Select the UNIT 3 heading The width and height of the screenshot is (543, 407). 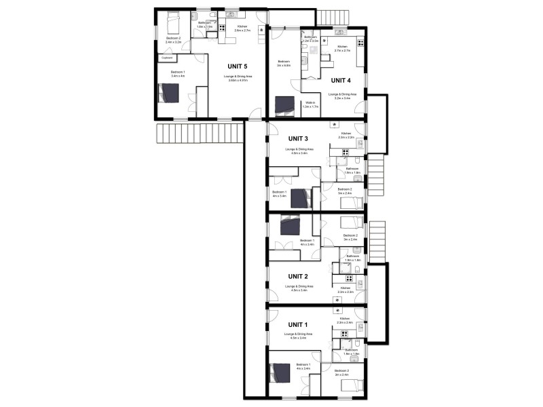coord(298,138)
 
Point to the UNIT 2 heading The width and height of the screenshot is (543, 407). coord(298,276)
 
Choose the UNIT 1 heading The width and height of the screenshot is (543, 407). coord(298,324)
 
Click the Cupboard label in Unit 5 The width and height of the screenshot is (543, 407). coord(166,58)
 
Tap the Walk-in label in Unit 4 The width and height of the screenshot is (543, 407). coord(310,103)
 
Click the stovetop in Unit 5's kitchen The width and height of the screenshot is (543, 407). coord(222,28)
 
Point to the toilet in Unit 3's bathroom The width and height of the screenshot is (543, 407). coord(360,161)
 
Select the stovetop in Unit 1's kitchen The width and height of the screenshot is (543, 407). coord(344,334)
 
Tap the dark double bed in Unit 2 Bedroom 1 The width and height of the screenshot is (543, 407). coord(290,225)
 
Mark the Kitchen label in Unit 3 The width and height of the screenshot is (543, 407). coord(346,134)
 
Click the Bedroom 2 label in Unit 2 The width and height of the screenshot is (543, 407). coord(350,237)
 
